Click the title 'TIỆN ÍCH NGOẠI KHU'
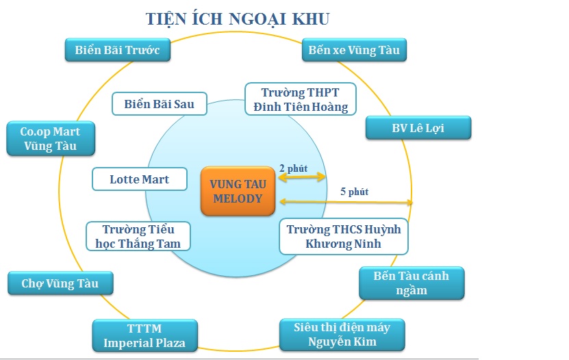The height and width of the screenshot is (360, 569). (x=238, y=19)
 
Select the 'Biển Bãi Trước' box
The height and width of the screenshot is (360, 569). (x=118, y=50)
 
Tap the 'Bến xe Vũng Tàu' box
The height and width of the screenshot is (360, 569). (x=354, y=50)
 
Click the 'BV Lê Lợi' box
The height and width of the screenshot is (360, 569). (x=418, y=127)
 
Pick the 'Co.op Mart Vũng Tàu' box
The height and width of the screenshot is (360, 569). (x=51, y=138)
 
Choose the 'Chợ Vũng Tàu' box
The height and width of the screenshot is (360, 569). (x=60, y=283)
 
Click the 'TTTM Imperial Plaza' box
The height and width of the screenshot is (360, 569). (x=144, y=336)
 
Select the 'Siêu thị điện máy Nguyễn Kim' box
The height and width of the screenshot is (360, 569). (x=342, y=335)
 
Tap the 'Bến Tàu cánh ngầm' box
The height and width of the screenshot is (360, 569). (x=412, y=283)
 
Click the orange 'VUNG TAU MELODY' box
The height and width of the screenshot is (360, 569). (x=238, y=191)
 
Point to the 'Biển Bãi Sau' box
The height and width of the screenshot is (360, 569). (x=160, y=103)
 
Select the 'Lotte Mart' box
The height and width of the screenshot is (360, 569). (x=140, y=179)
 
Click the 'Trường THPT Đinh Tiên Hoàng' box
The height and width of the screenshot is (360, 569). (x=301, y=99)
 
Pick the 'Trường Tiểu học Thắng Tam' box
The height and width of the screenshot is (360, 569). (x=138, y=236)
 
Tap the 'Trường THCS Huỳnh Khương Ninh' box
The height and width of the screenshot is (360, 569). (x=344, y=236)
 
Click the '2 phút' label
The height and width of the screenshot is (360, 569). (x=293, y=168)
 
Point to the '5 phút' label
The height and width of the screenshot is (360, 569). (x=354, y=192)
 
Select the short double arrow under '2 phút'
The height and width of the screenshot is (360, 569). (x=301, y=177)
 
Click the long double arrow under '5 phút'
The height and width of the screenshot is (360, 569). (x=346, y=202)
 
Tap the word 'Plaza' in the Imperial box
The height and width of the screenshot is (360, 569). (x=168, y=343)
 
